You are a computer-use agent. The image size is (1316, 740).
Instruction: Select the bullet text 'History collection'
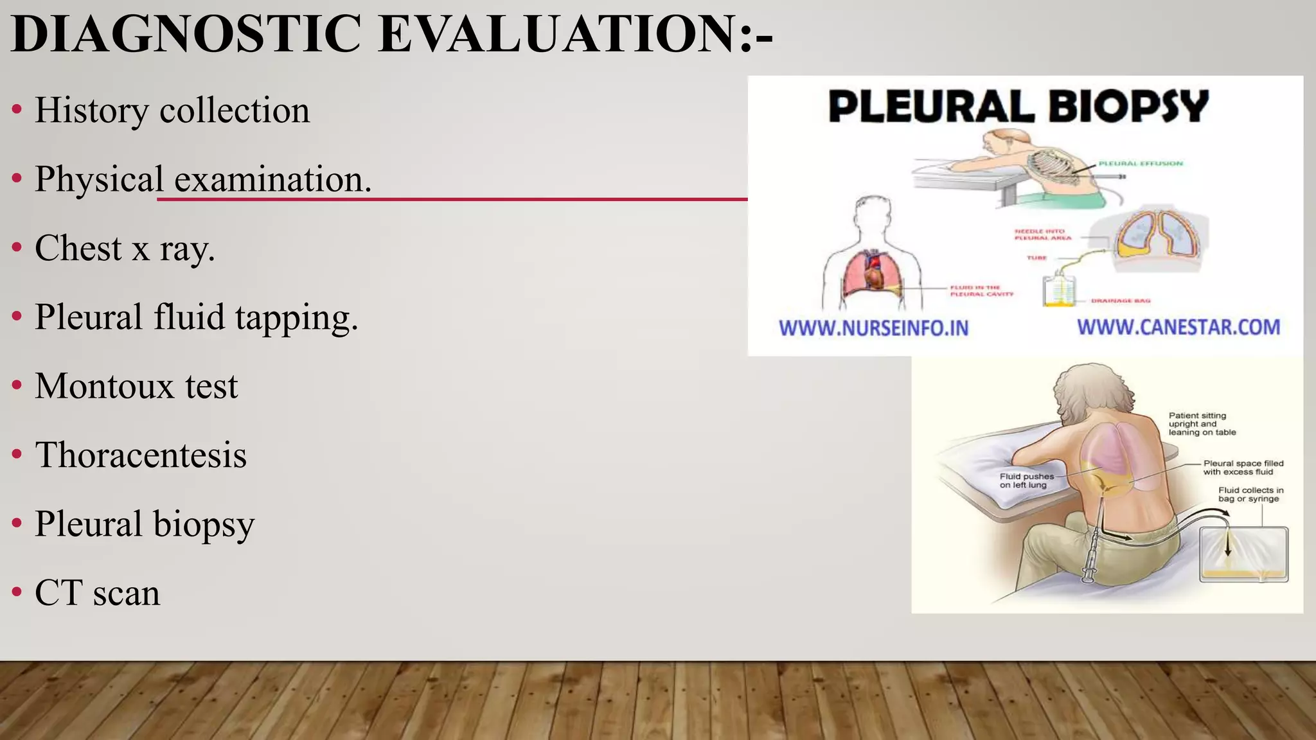click(x=172, y=110)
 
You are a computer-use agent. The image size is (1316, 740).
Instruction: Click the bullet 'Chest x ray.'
click(x=125, y=248)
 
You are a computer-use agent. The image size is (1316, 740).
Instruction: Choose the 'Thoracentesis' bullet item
click(x=141, y=455)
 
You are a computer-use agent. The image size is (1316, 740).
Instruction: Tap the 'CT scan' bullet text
click(x=97, y=592)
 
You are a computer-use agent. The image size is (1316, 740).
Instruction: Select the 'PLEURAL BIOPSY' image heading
click(x=1018, y=106)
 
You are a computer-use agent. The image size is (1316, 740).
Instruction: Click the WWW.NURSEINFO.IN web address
click(x=873, y=328)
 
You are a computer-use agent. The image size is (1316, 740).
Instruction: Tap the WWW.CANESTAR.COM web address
click(x=1178, y=327)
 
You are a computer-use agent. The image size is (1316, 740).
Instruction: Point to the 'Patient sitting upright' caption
click(x=1202, y=424)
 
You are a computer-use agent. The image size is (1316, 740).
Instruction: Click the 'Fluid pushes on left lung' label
click(x=1026, y=480)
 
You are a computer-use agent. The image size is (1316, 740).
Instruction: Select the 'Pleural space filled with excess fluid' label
click(x=1243, y=468)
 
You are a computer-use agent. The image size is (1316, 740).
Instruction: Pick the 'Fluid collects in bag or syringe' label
click(x=1250, y=494)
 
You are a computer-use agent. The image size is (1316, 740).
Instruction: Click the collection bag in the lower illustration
click(x=1243, y=554)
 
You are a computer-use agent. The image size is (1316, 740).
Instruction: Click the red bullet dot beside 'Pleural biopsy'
click(x=17, y=522)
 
